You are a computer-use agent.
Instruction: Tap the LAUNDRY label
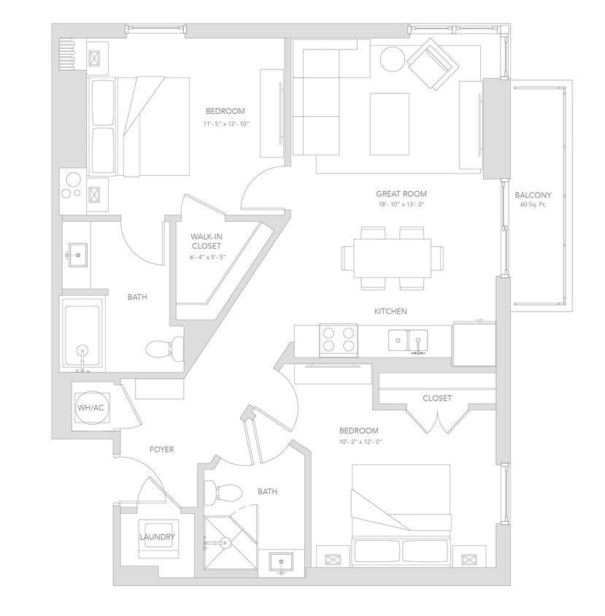[x=158, y=537]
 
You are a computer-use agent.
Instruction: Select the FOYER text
[x=161, y=450]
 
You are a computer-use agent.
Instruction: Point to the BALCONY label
[x=533, y=195]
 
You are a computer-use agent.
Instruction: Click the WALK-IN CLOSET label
[x=206, y=242]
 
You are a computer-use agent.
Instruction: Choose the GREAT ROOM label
[x=401, y=194]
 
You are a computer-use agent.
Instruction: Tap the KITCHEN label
[x=390, y=312]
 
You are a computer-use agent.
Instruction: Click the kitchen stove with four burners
[x=340, y=339]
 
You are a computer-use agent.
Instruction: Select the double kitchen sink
[x=408, y=340]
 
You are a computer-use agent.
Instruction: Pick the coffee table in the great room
[x=389, y=123]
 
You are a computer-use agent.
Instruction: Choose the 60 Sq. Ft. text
[x=533, y=205]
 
